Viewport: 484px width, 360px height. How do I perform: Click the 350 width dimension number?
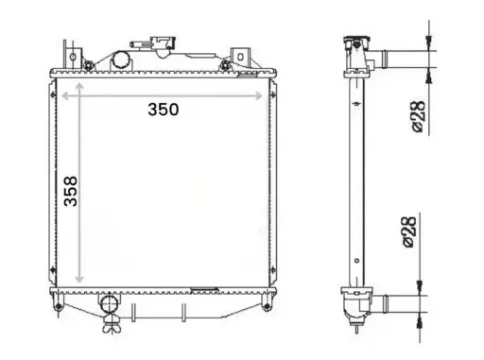[x=164, y=110]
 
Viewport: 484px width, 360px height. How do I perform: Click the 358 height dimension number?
[x=70, y=191]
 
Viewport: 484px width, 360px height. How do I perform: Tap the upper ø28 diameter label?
[x=419, y=117]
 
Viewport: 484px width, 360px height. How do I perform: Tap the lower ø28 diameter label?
[x=410, y=232]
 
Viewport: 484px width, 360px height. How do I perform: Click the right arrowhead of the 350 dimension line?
[x=259, y=95]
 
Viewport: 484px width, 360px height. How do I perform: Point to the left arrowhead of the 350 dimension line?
[x=66, y=95]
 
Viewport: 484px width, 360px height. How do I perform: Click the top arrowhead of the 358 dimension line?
[x=79, y=86]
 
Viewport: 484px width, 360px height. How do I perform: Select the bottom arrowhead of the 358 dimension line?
[x=79, y=279]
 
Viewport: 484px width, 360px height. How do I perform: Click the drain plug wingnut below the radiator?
[x=112, y=325]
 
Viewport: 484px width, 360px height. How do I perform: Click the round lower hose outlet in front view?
[x=110, y=304]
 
